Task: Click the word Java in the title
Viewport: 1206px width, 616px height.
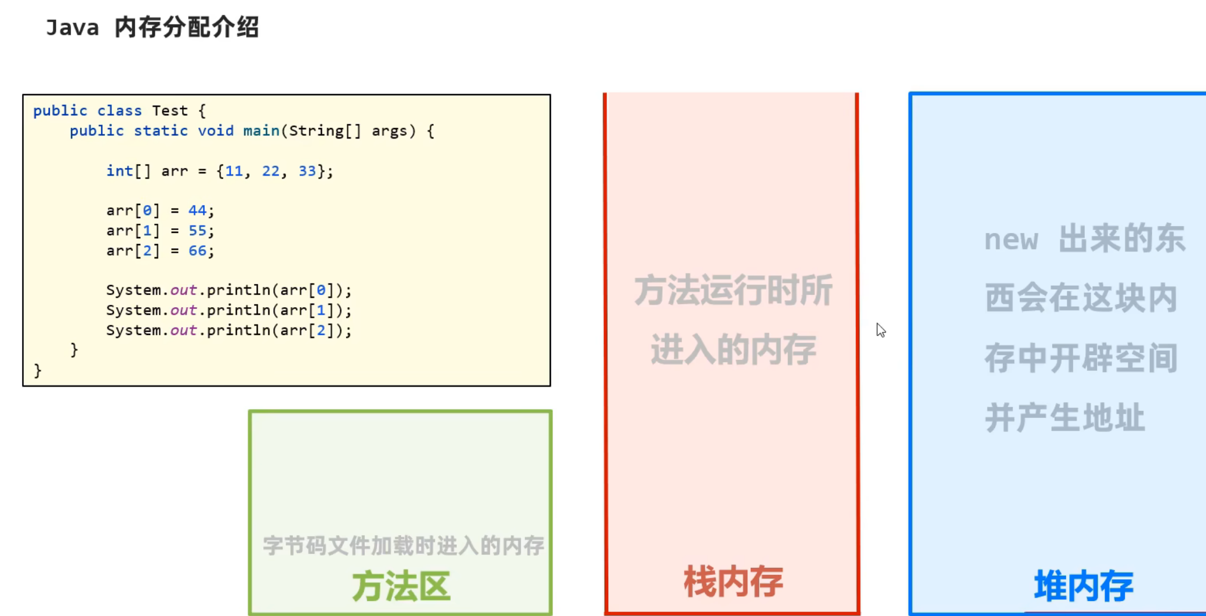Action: pyautogui.click(x=72, y=27)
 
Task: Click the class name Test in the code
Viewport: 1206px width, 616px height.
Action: pyautogui.click(x=170, y=111)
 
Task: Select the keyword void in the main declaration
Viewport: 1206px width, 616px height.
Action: pyautogui.click(x=216, y=131)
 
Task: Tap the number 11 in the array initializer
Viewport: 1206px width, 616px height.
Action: pyautogui.click(x=234, y=171)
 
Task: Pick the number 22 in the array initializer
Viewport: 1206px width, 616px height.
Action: pyautogui.click(x=271, y=171)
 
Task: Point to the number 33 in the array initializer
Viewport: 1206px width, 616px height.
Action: pyautogui.click(x=307, y=171)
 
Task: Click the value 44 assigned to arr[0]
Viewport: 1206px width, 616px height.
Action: pyautogui.click(x=197, y=210)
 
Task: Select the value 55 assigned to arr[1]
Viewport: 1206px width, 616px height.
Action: pyautogui.click(x=197, y=231)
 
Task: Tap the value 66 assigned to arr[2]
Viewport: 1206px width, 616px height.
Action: pyautogui.click(x=197, y=251)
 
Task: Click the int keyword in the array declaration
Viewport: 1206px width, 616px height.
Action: pyautogui.click(x=119, y=171)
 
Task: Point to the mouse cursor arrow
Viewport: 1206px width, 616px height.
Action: pyautogui.click(x=880, y=329)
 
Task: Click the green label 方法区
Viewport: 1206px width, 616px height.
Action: pyautogui.click(x=401, y=586)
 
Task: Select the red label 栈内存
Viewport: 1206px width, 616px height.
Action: pyautogui.click(x=733, y=581)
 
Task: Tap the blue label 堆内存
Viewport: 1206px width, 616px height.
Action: pyautogui.click(x=1084, y=585)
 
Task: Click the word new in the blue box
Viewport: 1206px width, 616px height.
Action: pyautogui.click(x=1011, y=240)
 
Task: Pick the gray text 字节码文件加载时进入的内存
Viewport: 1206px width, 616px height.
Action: pyautogui.click(x=403, y=545)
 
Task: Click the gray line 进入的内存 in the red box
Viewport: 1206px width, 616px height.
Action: pyautogui.click(x=733, y=350)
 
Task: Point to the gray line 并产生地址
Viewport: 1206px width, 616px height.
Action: pyautogui.click(x=1065, y=418)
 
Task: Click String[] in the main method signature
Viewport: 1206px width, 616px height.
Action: pyautogui.click(x=325, y=131)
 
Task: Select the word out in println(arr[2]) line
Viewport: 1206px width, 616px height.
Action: pyautogui.click(x=183, y=330)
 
